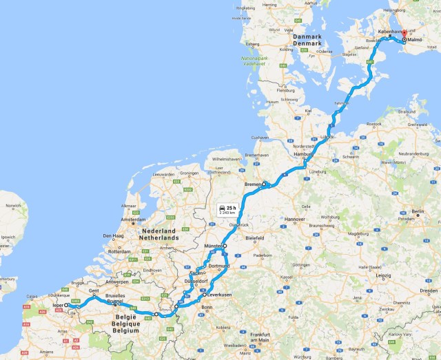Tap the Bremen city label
(253, 184)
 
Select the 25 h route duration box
(227, 209)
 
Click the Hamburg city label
(305, 156)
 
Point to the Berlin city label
(418, 211)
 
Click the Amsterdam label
(134, 220)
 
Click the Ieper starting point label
(57, 305)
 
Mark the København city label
(390, 32)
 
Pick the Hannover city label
(294, 220)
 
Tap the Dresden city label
(428, 290)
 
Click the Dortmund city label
(218, 266)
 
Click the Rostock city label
(375, 124)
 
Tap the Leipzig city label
(383, 276)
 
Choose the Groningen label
(189, 173)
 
